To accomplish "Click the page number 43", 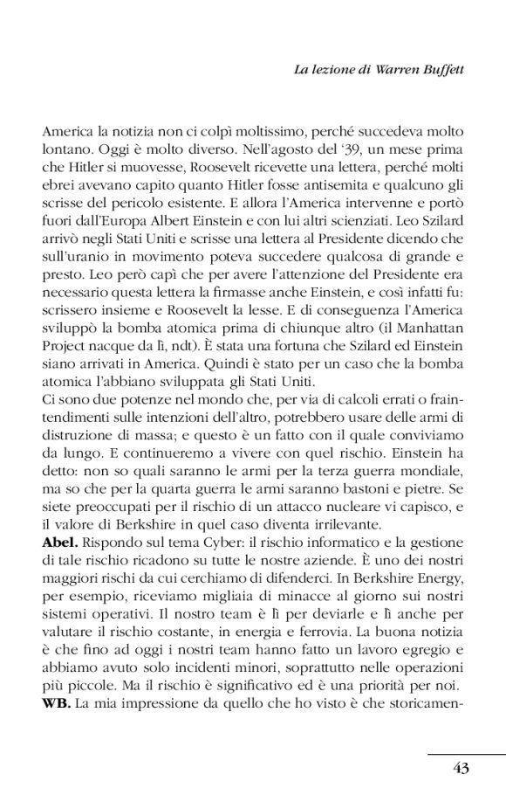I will point(462,769).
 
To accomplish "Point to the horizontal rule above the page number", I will point(467,752).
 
